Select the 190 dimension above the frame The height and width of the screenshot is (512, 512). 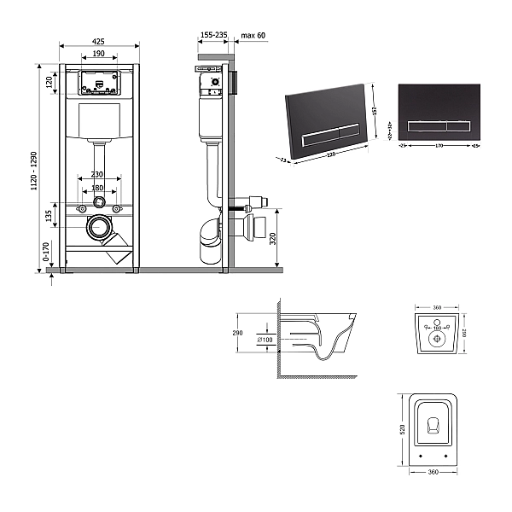[x=99, y=53]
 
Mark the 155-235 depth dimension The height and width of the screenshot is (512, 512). [x=213, y=35]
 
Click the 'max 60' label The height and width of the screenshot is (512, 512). [x=253, y=35]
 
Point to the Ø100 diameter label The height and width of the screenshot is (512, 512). [x=265, y=340]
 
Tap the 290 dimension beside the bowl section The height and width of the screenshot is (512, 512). [x=238, y=334]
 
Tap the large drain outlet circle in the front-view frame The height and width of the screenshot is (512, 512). [x=100, y=228]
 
